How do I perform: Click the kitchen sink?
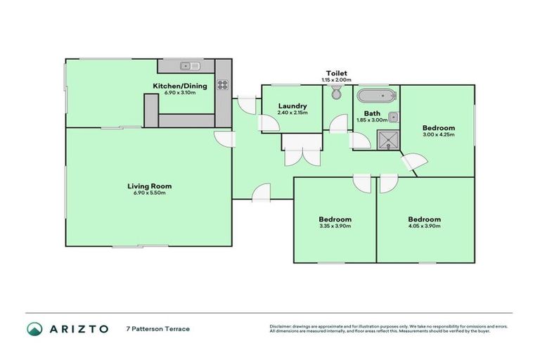pos(189,66)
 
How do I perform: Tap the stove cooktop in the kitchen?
pos(223,85)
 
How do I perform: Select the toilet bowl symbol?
pos(337,94)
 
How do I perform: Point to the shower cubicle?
pos(387,140)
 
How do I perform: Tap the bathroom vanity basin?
pos(393,117)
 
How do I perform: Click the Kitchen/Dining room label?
pos(176,86)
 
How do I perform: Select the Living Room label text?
pos(149,186)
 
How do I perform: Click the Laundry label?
pos(291,105)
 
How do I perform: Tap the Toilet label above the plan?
pos(337,73)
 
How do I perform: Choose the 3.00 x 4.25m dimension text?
pos(439,135)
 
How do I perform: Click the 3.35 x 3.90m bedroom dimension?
pos(335,226)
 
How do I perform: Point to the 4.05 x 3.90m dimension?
pos(424,226)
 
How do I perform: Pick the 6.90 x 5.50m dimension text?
pos(149,193)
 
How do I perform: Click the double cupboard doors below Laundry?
pos(302,156)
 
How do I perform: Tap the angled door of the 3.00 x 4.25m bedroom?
pos(412,164)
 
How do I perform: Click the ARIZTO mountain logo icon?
pos(34,329)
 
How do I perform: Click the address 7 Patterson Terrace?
pos(157,329)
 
